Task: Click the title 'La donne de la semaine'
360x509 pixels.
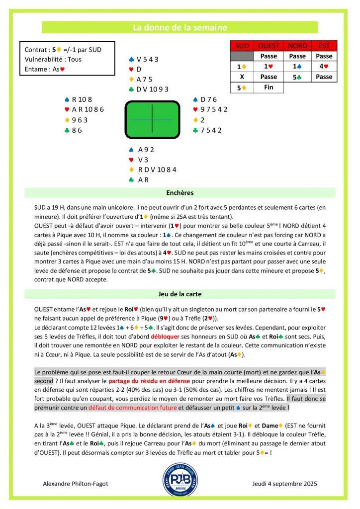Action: tap(180, 27)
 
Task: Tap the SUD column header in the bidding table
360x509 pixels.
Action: tap(242, 46)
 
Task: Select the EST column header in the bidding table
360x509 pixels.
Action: tap(324, 46)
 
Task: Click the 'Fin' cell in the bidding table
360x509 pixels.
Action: tap(269, 87)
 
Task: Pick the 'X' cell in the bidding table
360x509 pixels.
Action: tap(242, 77)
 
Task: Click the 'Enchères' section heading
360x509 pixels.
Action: tap(180, 193)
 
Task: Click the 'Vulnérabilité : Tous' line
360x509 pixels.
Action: tap(53, 60)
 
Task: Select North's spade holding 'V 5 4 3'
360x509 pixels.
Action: tap(147, 59)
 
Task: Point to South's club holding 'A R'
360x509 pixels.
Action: tap(144, 180)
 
